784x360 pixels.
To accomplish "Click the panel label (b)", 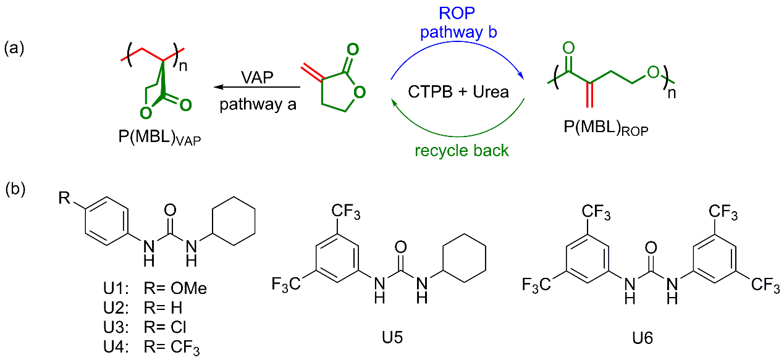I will point(14,189).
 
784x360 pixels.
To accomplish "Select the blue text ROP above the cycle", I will point(457,12).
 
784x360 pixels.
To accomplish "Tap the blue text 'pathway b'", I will point(457,32).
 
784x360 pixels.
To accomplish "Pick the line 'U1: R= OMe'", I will point(155,288).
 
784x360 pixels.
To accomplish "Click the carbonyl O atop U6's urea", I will point(651,249).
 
